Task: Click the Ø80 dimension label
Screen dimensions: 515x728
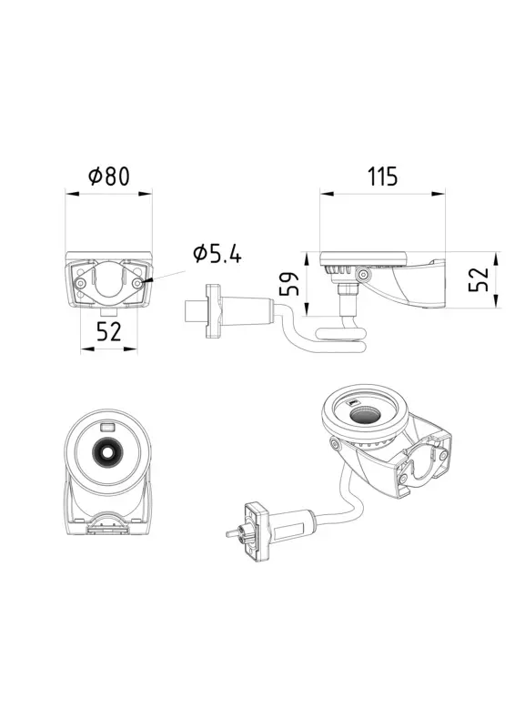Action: pyautogui.click(x=108, y=177)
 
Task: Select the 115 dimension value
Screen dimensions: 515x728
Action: pyautogui.click(x=383, y=177)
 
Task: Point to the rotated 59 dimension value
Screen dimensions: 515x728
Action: pyautogui.click(x=288, y=284)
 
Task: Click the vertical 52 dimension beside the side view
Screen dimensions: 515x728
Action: pyautogui.click(x=478, y=279)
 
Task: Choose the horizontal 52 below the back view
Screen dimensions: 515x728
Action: pyautogui.click(x=108, y=331)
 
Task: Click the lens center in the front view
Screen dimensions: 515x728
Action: pyautogui.click(x=107, y=450)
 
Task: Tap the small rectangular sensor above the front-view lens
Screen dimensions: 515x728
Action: pyautogui.click(x=107, y=427)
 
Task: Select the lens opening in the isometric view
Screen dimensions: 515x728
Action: pyautogui.click(x=367, y=412)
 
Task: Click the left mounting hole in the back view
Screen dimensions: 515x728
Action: pyautogui.click(x=81, y=282)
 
